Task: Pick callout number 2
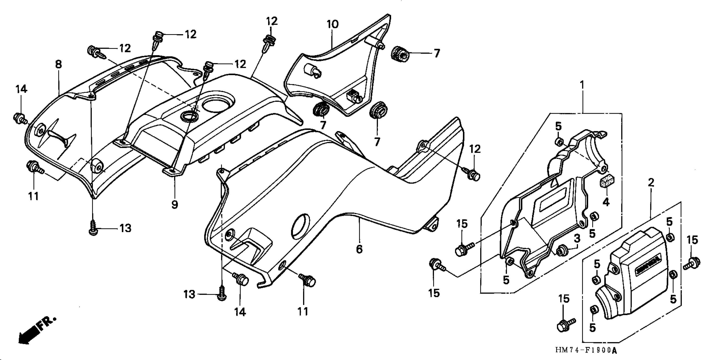pos(651,183)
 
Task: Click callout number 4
pos(606,202)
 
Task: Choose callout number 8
pos(58,64)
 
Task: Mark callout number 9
pos(175,205)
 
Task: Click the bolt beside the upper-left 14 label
pos(19,119)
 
